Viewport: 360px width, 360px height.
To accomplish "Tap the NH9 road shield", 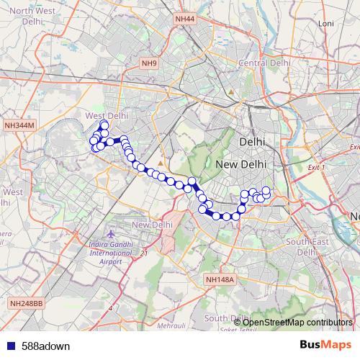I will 149,63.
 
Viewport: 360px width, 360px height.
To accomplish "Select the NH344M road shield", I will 19,125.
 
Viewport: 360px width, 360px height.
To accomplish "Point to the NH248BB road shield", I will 27,305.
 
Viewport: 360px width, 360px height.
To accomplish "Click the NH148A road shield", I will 220,279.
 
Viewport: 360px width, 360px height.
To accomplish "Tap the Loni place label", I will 326,24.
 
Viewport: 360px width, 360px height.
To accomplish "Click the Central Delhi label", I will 264,63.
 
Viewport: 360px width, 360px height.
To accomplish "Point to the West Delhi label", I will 107,115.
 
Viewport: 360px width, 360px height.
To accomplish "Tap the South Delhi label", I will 226,318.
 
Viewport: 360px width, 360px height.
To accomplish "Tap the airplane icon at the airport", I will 110,235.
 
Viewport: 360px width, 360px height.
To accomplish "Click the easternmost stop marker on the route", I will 266,191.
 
